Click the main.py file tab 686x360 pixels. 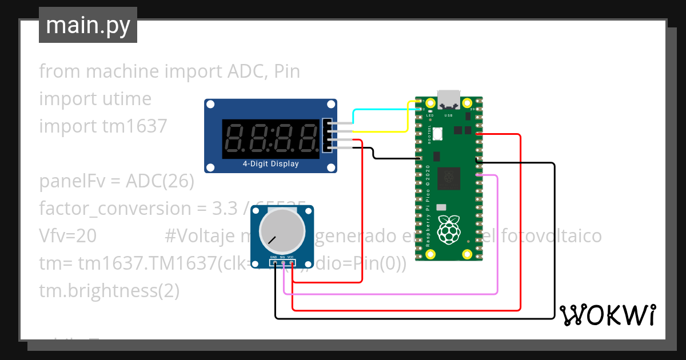pos(87,25)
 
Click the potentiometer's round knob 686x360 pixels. pos(282,231)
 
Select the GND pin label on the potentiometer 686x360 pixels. pos(274,258)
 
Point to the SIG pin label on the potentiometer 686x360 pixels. pos(282,258)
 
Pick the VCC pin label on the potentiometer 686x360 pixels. pos(291,258)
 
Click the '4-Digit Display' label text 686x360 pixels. pos(270,164)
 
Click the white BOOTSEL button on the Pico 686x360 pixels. pos(438,134)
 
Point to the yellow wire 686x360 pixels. pos(407,117)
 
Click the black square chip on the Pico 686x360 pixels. pos(449,179)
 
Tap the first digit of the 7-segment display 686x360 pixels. pos(236,139)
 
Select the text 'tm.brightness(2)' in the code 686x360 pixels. pos(109,291)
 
